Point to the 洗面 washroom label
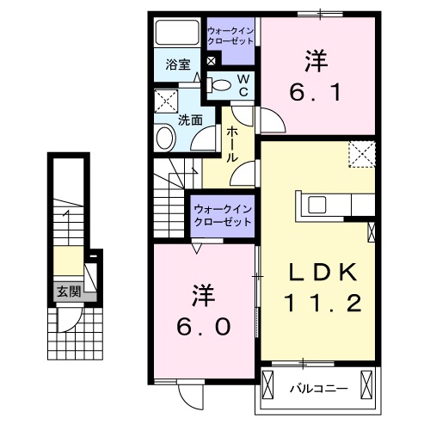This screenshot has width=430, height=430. pyautogui.click(x=189, y=120)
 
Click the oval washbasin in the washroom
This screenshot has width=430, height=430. pyautogui.click(x=164, y=138)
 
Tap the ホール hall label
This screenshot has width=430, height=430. pyautogui.click(x=232, y=145)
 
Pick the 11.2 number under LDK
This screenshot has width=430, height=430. pyautogui.click(x=322, y=302)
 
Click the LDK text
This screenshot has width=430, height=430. pyautogui.click(x=322, y=272)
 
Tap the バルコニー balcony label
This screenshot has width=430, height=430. pyautogui.click(x=322, y=388)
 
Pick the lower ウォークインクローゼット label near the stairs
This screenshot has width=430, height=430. pyautogui.click(x=222, y=214)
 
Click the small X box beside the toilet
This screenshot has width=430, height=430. pyautogui.click(x=212, y=61)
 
